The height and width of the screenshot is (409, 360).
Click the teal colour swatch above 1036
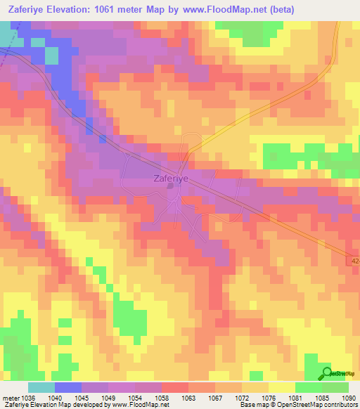pyautogui.click(x=41, y=387)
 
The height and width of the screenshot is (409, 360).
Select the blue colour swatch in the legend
pyautogui.click(x=68, y=387)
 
